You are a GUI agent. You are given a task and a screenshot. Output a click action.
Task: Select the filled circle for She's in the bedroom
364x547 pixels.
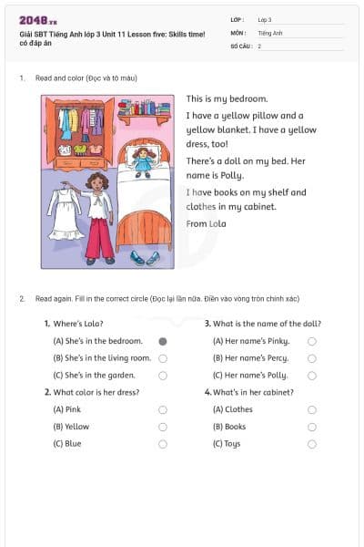pyautogui.click(x=163, y=341)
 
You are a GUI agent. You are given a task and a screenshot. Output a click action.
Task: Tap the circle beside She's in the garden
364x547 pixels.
pyautogui.click(x=163, y=375)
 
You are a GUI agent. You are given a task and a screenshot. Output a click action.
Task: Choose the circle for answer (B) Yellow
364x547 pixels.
pyautogui.click(x=163, y=427)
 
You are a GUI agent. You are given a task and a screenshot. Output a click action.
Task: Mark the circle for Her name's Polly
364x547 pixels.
pyautogui.click(x=312, y=375)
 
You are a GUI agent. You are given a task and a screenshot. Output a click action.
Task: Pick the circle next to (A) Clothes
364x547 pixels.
pyautogui.click(x=312, y=410)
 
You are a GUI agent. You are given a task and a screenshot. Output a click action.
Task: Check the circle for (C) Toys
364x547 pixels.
pyautogui.click(x=312, y=444)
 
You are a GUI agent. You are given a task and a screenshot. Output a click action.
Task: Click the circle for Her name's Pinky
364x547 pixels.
pyautogui.click(x=312, y=341)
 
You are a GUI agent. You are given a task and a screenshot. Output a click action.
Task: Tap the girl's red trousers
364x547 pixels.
pyautogui.click(x=99, y=237)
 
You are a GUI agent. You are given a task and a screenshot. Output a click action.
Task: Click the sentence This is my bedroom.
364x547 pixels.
pyautogui.click(x=227, y=98)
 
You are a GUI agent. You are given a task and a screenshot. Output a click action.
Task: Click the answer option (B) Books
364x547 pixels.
pyautogui.click(x=229, y=427)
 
